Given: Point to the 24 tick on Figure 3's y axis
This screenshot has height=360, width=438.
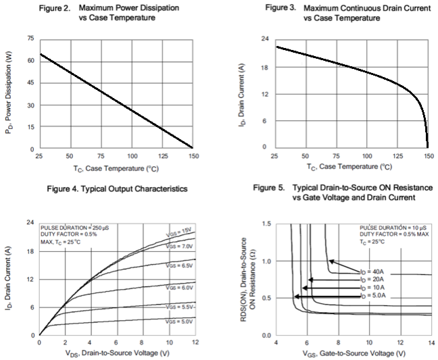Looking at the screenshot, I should pyautogui.click(x=264, y=40).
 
